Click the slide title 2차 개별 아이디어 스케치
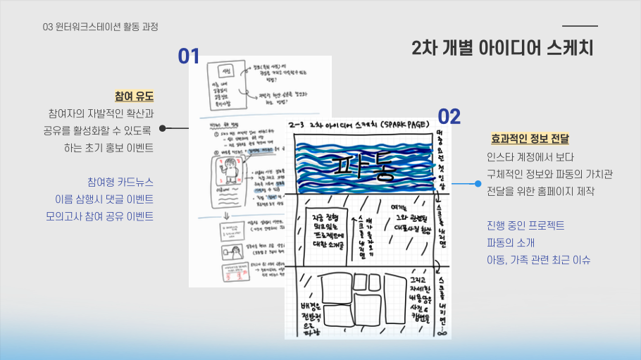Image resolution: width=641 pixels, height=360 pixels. tap(503, 49)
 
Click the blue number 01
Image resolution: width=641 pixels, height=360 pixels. tap(189, 56)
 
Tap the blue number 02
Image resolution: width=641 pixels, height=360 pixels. tap(449, 116)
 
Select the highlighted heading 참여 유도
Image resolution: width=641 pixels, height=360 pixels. tap(134, 96)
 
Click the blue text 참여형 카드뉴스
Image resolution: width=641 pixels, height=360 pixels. tap(120, 181)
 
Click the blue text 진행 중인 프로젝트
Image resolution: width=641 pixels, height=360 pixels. tap(525, 225)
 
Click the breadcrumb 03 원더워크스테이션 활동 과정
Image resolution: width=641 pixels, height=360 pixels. tap(100, 27)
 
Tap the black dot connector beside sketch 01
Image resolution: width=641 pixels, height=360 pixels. tap(163, 129)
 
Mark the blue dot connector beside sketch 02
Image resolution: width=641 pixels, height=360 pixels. tap(478, 184)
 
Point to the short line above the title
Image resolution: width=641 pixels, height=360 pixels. tap(579, 26)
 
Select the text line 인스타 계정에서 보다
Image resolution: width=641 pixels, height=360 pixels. tap(530, 156)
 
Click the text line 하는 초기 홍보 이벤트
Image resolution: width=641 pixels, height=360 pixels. tap(108, 148)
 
